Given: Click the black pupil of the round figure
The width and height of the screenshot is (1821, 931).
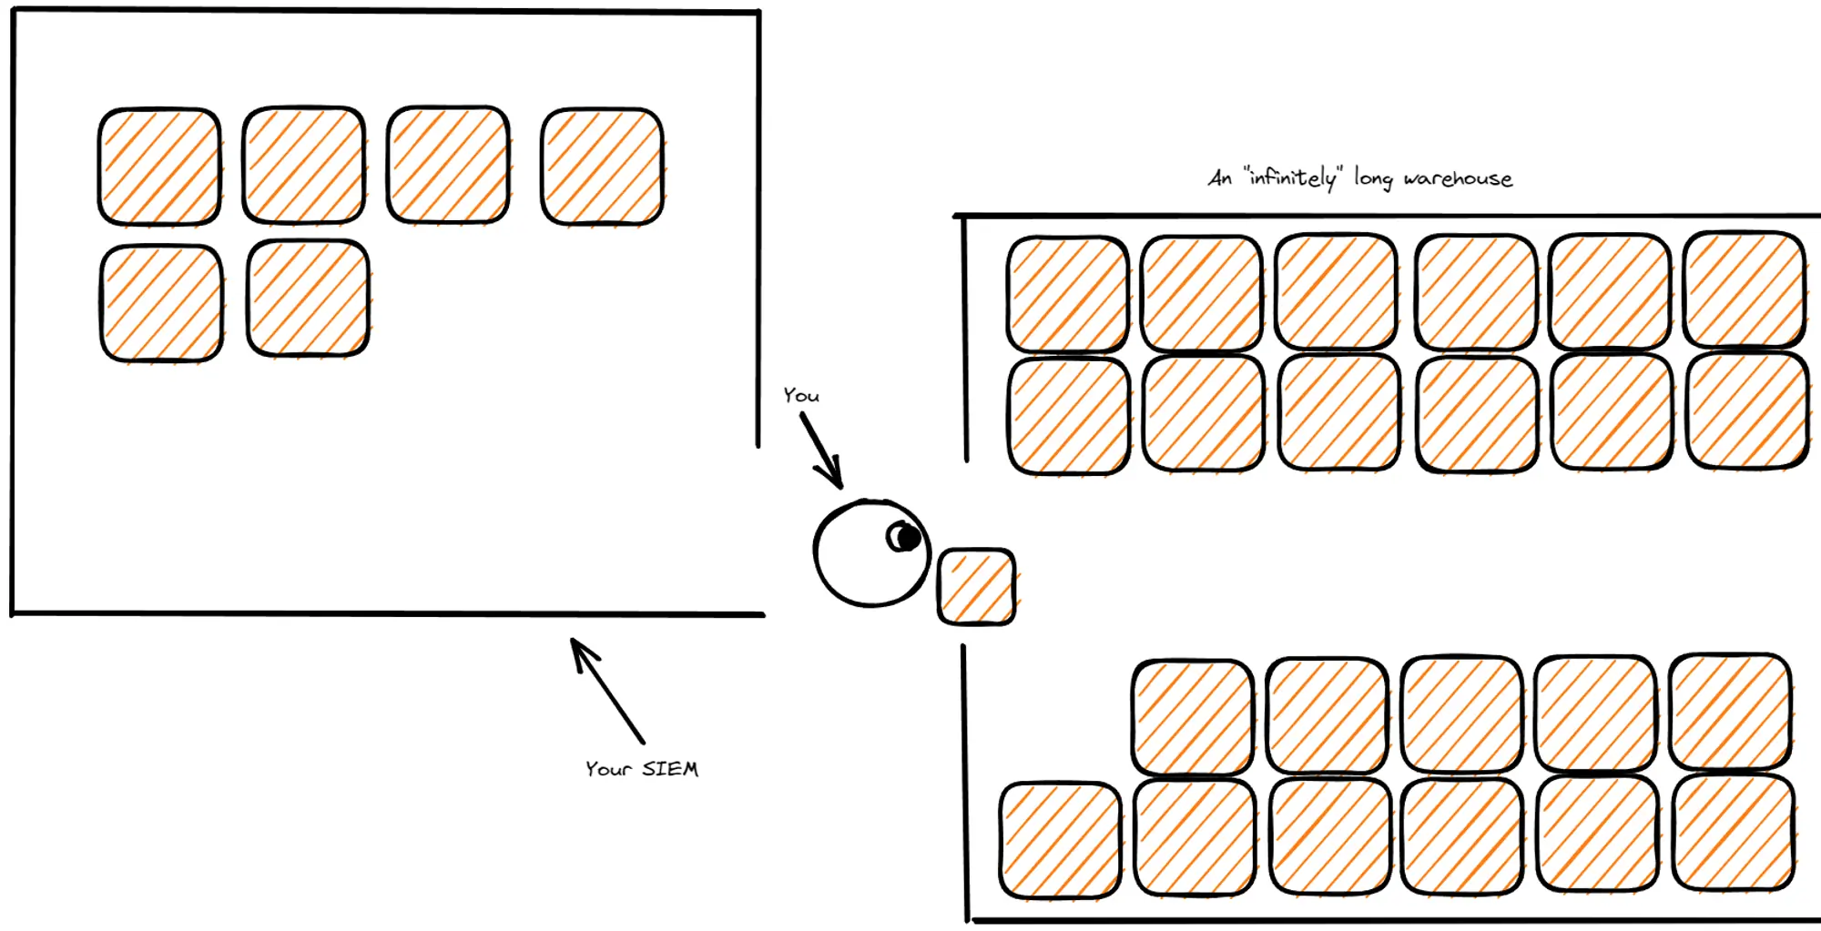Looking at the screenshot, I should click(905, 538).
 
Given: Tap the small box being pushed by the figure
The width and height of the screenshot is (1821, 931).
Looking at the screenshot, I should click(976, 587).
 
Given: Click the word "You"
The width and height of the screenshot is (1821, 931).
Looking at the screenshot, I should click(801, 396).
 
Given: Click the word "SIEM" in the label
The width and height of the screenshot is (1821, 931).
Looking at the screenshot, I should click(670, 770).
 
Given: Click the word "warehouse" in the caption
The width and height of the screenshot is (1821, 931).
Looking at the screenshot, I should click(1458, 179).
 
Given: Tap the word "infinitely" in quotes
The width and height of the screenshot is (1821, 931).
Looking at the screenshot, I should click(1293, 177).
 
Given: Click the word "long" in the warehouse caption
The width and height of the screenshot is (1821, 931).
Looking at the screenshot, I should click(1373, 178).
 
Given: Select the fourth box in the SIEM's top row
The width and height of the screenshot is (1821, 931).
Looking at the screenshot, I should click(602, 167).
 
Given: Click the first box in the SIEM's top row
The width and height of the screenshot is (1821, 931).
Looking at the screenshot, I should click(159, 167).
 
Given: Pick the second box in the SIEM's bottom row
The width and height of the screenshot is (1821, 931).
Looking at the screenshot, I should click(308, 299).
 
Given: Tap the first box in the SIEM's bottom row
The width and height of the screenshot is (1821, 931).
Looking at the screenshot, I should click(161, 303).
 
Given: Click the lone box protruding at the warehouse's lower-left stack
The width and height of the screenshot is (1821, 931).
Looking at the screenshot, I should click(1060, 840).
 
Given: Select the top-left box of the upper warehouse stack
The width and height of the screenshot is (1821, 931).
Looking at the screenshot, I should click(1067, 294).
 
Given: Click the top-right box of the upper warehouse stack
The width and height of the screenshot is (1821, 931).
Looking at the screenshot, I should click(1744, 290).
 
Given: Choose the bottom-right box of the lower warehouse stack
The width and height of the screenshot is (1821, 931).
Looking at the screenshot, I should click(1733, 833).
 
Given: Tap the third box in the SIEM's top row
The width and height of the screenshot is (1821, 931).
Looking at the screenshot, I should click(448, 165).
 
